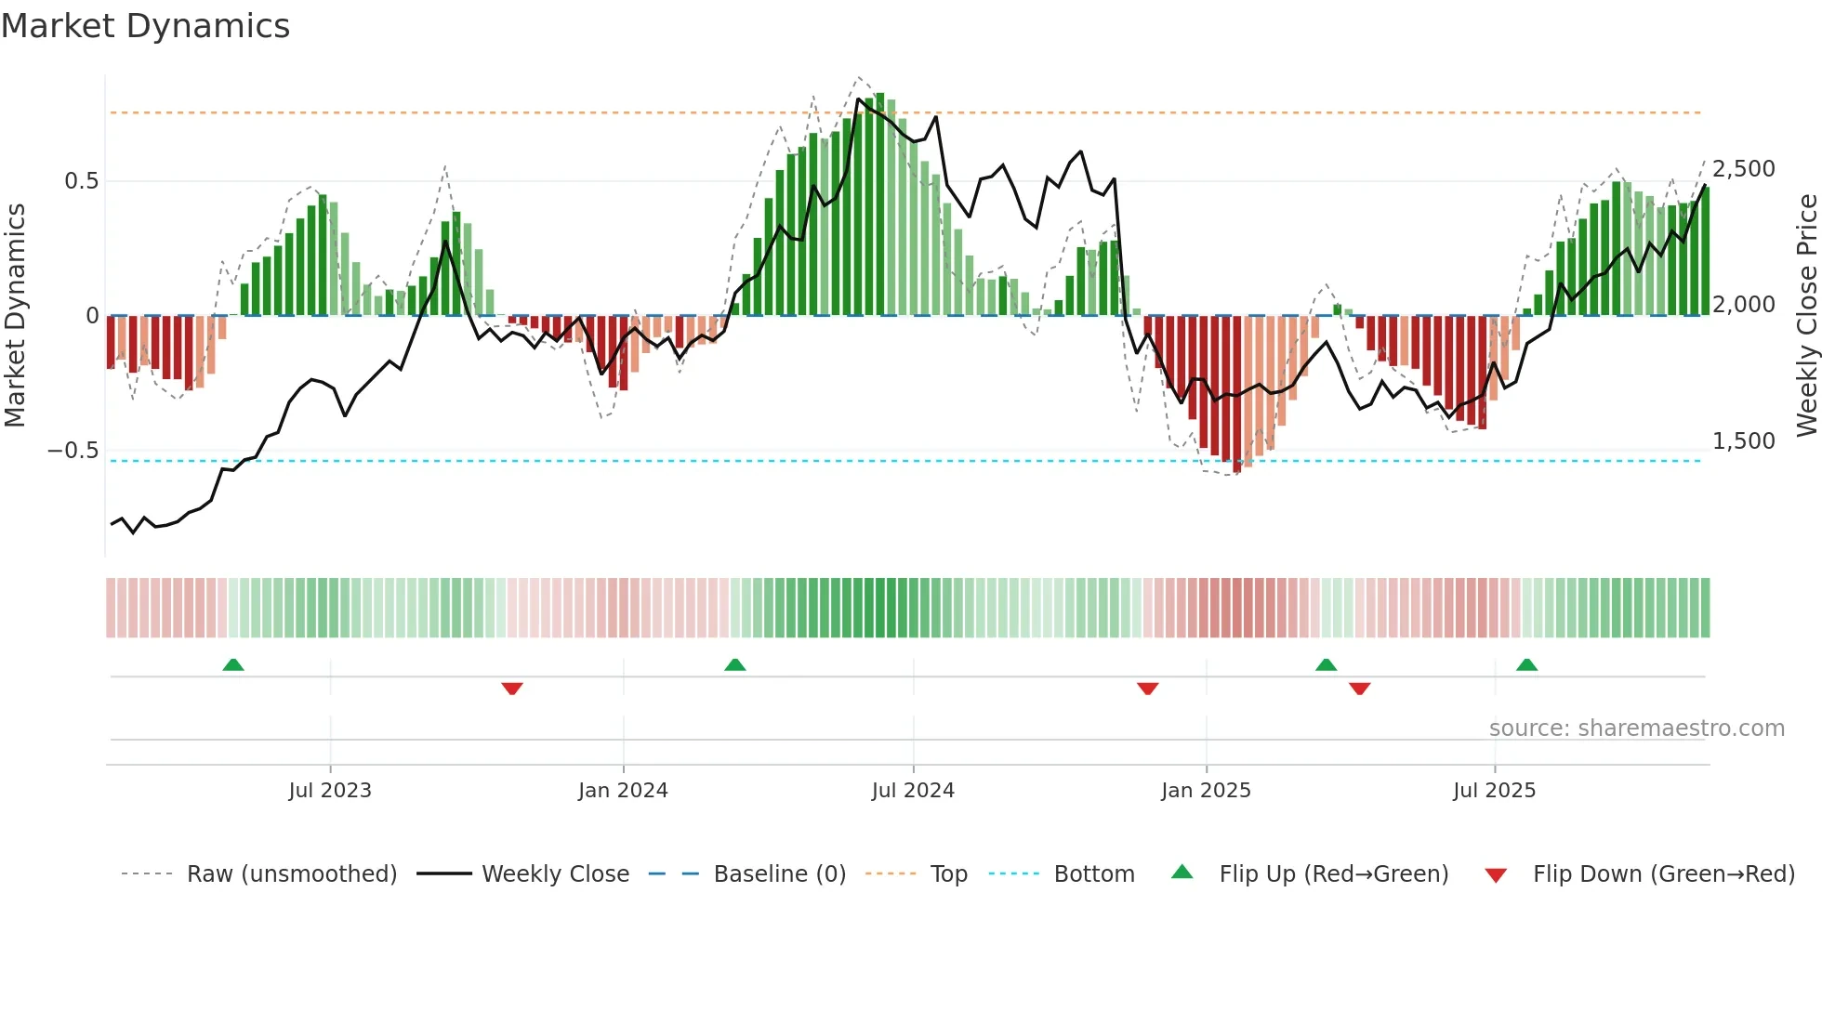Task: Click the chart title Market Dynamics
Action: [x=146, y=26]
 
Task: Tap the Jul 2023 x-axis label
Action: [x=330, y=791]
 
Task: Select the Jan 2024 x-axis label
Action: [x=623, y=791]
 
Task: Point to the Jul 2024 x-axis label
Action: [x=913, y=791]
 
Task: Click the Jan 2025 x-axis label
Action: [x=1206, y=791]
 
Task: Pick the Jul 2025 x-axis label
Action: [x=1495, y=791]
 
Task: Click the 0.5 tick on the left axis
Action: [x=82, y=181]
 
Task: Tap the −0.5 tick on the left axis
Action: [x=73, y=451]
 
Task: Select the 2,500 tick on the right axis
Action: [x=1744, y=169]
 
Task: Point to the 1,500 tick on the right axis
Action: [x=1744, y=441]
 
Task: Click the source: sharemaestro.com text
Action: [x=1637, y=729]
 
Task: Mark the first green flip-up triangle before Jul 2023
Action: [x=233, y=665]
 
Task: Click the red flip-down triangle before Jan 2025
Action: [x=1148, y=689]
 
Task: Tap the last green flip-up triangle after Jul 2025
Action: [x=1526, y=665]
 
